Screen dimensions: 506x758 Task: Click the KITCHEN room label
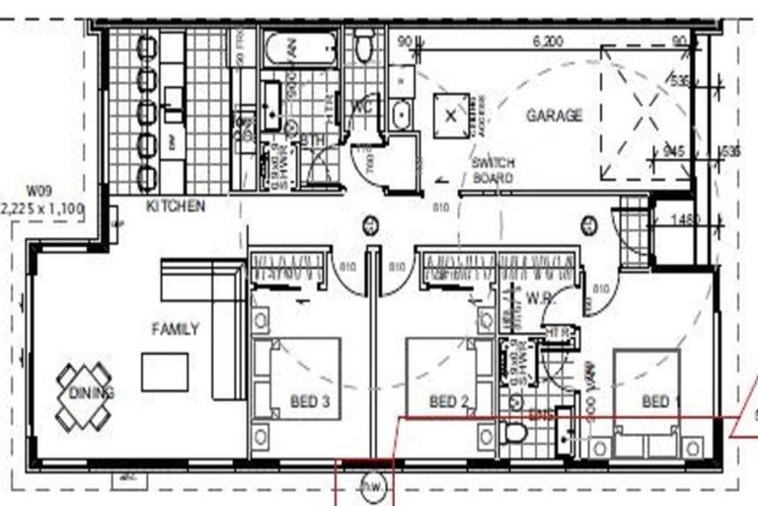click(175, 207)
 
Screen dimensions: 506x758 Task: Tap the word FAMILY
click(175, 329)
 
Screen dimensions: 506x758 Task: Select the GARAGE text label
click(554, 116)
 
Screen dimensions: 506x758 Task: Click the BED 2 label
click(449, 402)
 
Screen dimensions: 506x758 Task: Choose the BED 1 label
click(661, 402)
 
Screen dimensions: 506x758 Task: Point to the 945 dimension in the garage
click(674, 151)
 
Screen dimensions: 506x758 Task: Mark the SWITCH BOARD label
click(492, 171)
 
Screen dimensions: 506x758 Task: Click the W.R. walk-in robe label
click(538, 296)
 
